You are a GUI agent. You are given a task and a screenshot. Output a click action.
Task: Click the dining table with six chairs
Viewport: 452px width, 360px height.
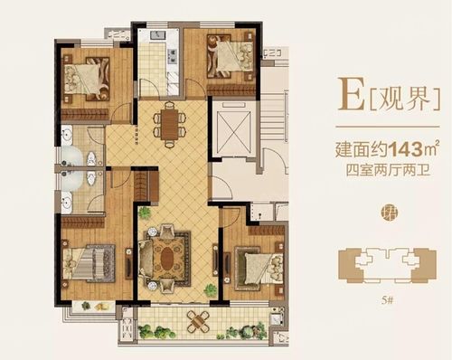click(x=168, y=122)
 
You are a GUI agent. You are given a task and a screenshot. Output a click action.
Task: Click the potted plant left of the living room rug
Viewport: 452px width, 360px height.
click(x=143, y=214)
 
